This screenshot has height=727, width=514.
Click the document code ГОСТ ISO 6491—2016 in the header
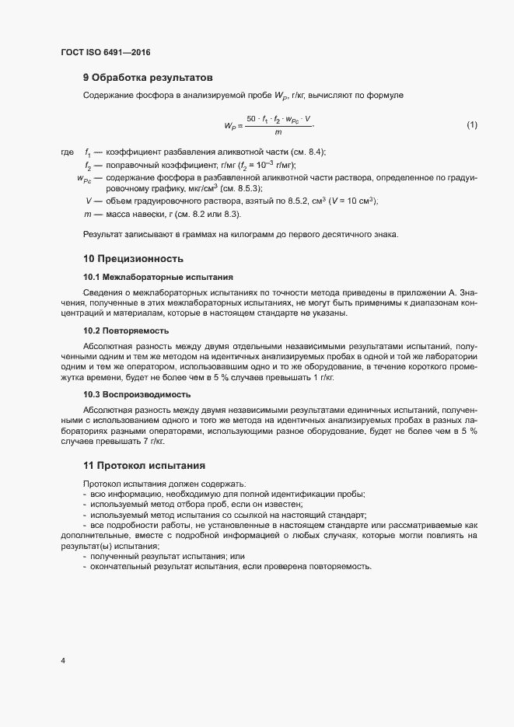tap(105, 53)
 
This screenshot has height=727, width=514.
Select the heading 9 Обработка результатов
tap(148, 78)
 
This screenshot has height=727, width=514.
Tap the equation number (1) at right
tap(471, 125)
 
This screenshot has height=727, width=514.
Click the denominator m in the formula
tap(279, 133)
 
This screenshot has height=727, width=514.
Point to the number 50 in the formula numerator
tap(251, 119)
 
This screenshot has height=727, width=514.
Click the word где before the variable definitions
tap(67, 152)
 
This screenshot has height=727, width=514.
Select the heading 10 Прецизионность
tap(133, 259)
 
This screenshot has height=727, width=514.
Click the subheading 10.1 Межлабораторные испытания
tap(158, 278)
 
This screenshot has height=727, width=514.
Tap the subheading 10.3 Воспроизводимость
tap(137, 394)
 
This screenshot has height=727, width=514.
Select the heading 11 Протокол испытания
tap(144, 466)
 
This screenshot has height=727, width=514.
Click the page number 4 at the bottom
tap(63, 661)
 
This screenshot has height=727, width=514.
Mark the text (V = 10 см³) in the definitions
tap(346, 201)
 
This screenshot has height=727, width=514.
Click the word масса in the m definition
tap(119, 214)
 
